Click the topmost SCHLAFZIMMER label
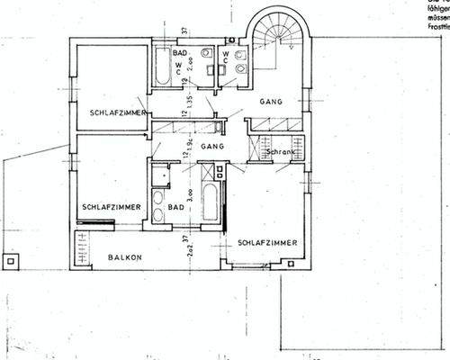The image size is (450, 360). tap(119, 112)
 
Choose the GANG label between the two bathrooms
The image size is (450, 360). tap(212, 145)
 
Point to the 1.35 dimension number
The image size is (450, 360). tap(191, 108)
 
